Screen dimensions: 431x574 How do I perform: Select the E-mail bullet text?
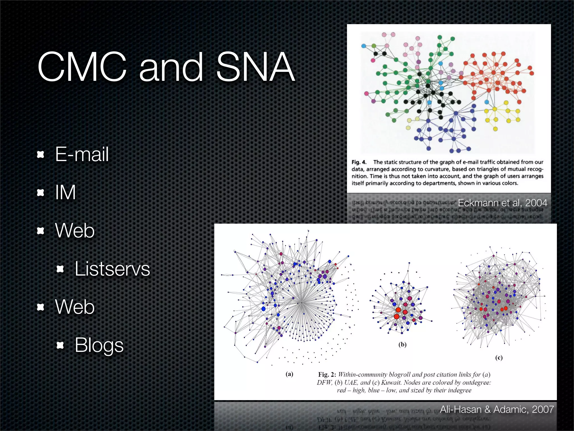click(82, 154)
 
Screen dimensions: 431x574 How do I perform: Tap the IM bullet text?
click(65, 192)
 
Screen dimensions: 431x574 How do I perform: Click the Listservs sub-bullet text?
click(112, 269)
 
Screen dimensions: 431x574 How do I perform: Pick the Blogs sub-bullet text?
click(99, 345)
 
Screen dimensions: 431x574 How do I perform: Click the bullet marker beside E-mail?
click(41, 154)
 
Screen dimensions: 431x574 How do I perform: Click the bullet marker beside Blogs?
click(60, 345)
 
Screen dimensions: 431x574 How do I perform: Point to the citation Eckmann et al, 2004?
click(502, 203)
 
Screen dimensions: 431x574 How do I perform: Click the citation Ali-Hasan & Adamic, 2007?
click(497, 409)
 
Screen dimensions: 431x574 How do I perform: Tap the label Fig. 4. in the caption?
click(359, 162)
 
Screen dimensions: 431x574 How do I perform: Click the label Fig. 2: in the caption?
click(327, 375)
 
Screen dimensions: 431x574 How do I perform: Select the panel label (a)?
click(289, 374)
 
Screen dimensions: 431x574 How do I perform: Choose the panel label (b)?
click(402, 345)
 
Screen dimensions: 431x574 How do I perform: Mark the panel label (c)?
click(499, 357)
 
